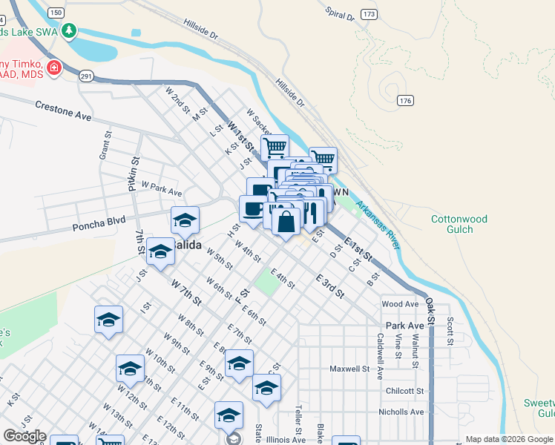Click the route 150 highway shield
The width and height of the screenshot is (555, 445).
[55, 13]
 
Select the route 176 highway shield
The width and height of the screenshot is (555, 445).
[404, 100]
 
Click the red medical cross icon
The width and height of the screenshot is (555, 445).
[53, 69]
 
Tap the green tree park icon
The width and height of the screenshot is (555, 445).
[69, 30]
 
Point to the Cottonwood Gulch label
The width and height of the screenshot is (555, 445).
[459, 225]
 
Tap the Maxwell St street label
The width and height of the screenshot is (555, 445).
[349, 369]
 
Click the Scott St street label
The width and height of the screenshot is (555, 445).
[450, 332]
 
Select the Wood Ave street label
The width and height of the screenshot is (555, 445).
[400, 304]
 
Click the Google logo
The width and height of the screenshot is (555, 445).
[24, 436]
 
